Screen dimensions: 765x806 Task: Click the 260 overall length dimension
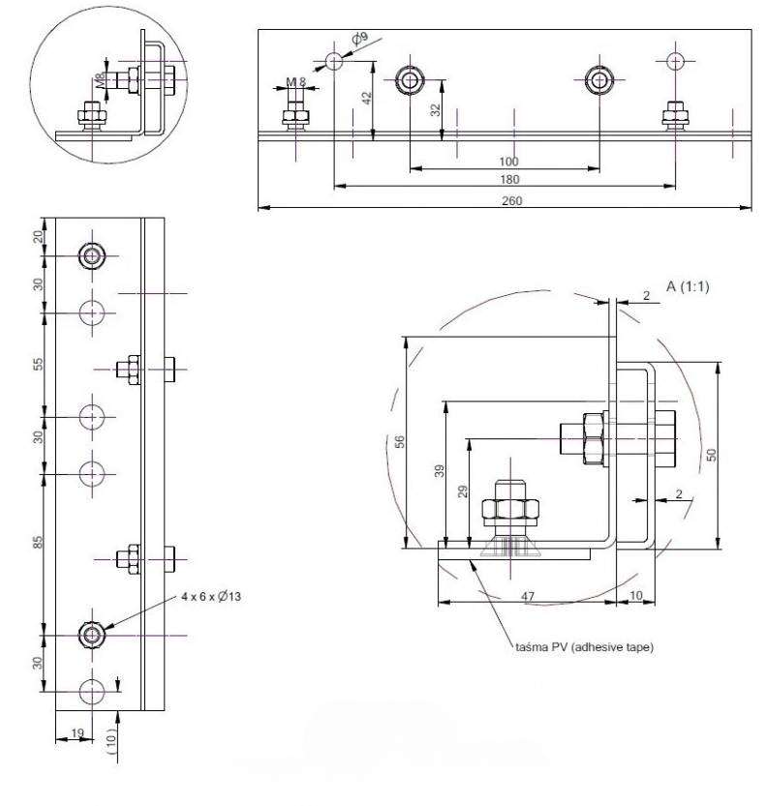coord(511,200)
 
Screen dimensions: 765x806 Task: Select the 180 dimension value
coord(509,179)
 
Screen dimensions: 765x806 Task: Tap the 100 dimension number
coord(508,162)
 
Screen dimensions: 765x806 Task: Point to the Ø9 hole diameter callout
coord(360,38)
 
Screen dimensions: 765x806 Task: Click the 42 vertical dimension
coord(366,98)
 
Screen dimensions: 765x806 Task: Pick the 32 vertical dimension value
coord(436,110)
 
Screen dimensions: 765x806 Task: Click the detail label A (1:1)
coord(688,286)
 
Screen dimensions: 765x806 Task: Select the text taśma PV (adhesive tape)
coord(585,647)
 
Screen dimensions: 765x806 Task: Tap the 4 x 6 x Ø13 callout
coord(211,596)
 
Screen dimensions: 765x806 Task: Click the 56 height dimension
coord(400,441)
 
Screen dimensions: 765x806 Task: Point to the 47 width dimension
coord(528,596)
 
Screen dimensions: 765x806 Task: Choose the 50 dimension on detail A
coord(711,455)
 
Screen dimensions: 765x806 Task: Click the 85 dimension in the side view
coord(38,542)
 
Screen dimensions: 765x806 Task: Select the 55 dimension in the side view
coord(38,365)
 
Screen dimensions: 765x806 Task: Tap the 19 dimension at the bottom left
coord(77,732)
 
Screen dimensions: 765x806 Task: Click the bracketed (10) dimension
coord(111,742)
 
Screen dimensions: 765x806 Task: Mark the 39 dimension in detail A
coord(440,471)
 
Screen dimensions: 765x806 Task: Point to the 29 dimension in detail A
coord(463,492)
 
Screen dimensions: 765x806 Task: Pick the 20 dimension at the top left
coord(38,237)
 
